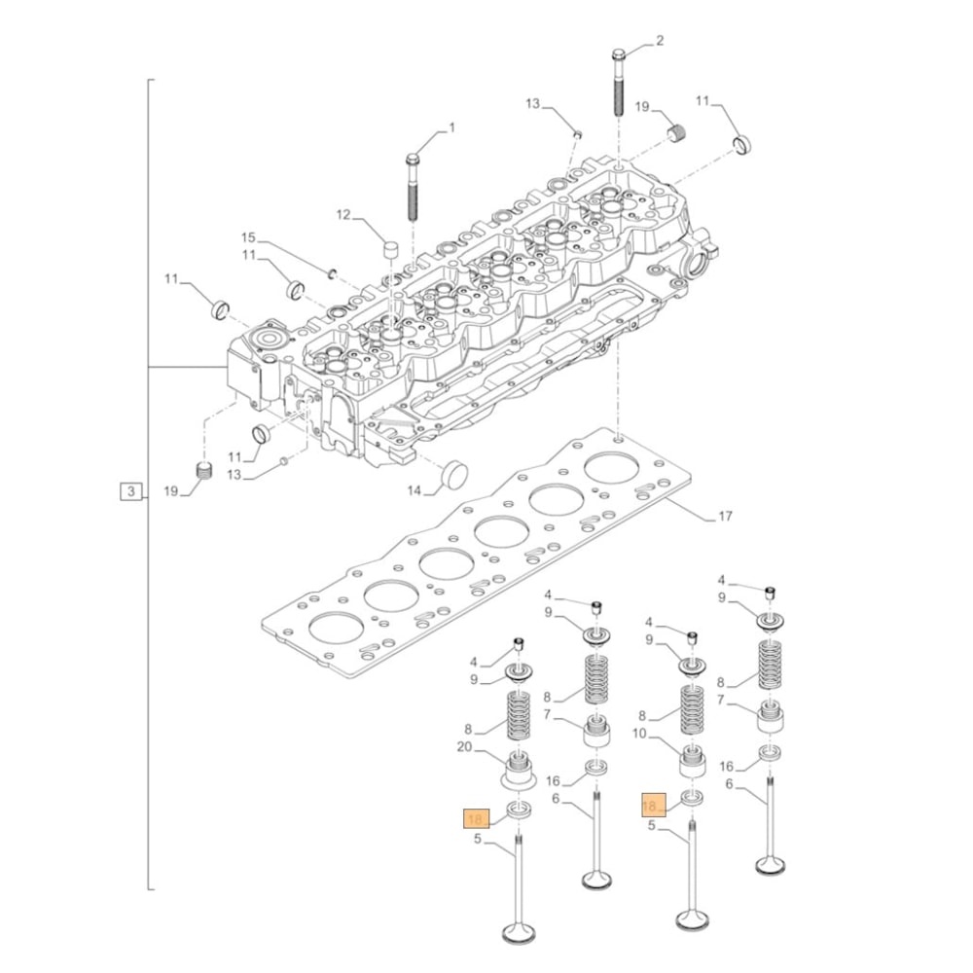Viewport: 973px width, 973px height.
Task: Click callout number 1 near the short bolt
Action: [x=450, y=127]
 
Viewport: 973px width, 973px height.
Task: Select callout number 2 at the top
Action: [x=660, y=40]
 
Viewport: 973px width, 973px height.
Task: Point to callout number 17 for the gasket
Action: [x=724, y=516]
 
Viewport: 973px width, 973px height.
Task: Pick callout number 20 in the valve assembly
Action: [x=463, y=747]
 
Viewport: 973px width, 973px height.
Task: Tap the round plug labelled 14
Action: [x=453, y=476]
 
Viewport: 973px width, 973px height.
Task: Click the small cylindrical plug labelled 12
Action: [x=392, y=250]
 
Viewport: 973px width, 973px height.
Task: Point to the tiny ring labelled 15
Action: [x=333, y=272]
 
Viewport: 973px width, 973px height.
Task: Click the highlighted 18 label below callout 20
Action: [x=476, y=818]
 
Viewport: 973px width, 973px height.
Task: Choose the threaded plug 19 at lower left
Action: [x=204, y=472]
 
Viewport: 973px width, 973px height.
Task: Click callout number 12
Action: [x=342, y=214]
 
